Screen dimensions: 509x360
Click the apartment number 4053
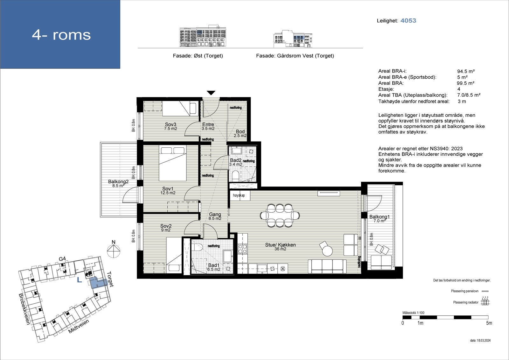pos(408,20)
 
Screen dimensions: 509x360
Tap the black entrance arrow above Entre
pos(211,93)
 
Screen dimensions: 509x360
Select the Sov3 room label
pos(171,124)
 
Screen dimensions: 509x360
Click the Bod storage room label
pos(240,131)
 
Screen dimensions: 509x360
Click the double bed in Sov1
pos(172,163)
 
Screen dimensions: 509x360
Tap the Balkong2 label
pos(118,181)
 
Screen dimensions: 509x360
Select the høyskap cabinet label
pos(239,195)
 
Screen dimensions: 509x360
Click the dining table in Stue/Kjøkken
pos(280,215)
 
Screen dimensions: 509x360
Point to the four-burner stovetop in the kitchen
pos(242,249)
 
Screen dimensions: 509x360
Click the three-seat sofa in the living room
pos(327,266)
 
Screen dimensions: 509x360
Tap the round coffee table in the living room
pos(327,251)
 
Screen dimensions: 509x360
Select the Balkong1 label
pos(380,217)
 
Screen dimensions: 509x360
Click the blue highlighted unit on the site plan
pos(98,283)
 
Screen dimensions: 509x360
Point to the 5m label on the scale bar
pos(489,323)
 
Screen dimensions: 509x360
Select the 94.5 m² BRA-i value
pos(466,71)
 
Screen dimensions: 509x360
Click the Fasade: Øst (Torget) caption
pos(198,56)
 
